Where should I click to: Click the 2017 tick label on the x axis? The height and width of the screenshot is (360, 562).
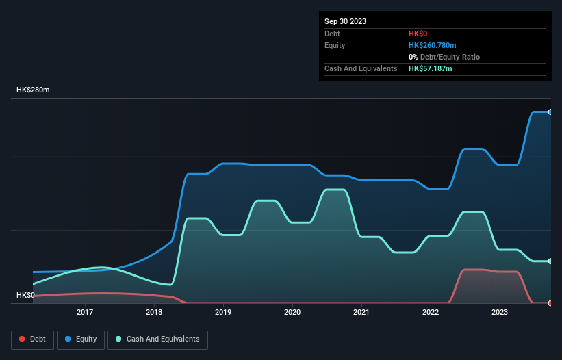point(85,313)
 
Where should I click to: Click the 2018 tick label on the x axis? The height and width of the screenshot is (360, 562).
point(154,313)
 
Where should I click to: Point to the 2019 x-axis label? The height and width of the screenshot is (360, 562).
point(223,313)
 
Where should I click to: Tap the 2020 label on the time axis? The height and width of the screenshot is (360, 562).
point(292,313)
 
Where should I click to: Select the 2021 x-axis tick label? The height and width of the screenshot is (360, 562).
point(361,313)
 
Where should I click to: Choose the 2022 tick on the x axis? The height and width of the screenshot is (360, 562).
point(431,313)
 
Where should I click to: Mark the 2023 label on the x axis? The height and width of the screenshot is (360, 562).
point(500,313)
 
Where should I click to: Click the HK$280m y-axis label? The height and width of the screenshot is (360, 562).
point(34,90)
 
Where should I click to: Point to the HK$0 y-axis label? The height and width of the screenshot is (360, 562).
point(26,295)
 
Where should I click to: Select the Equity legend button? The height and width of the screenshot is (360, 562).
point(81,339)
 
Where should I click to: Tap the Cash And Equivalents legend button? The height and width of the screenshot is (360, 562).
point(157,339)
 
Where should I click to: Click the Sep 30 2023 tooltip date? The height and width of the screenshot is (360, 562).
point(346,21)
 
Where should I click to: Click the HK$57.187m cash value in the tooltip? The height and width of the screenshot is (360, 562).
point(430,68)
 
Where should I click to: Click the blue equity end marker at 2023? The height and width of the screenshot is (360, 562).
point(550,112)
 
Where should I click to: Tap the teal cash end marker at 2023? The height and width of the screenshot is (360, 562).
point(550,261)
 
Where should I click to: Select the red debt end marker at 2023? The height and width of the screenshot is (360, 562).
point(550,303)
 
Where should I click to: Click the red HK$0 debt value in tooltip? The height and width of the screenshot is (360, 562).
point(419,34)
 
